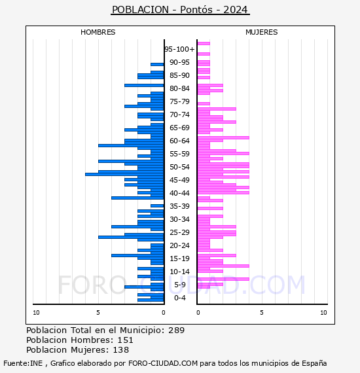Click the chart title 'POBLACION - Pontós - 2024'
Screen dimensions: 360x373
180,10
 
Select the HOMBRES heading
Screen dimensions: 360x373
98,32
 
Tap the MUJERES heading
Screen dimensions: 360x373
262,32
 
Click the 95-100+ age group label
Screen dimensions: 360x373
179,49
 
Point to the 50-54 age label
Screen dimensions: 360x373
179,167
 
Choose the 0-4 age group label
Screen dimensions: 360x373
180,298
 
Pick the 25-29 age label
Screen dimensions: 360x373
179,232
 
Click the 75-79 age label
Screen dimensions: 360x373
179,101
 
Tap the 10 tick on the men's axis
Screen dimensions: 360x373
36,312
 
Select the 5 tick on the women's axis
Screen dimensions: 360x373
262,312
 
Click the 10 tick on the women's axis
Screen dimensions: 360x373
323,312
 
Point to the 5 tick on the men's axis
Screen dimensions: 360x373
98,312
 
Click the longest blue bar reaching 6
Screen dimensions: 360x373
124,174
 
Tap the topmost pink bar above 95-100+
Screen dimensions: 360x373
204,44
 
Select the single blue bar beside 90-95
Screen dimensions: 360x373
157,65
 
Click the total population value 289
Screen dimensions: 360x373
176,330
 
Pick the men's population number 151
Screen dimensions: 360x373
126,340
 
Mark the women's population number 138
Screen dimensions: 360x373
121,349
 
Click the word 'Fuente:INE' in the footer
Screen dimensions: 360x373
23,363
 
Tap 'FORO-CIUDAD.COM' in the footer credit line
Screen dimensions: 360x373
163,363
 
